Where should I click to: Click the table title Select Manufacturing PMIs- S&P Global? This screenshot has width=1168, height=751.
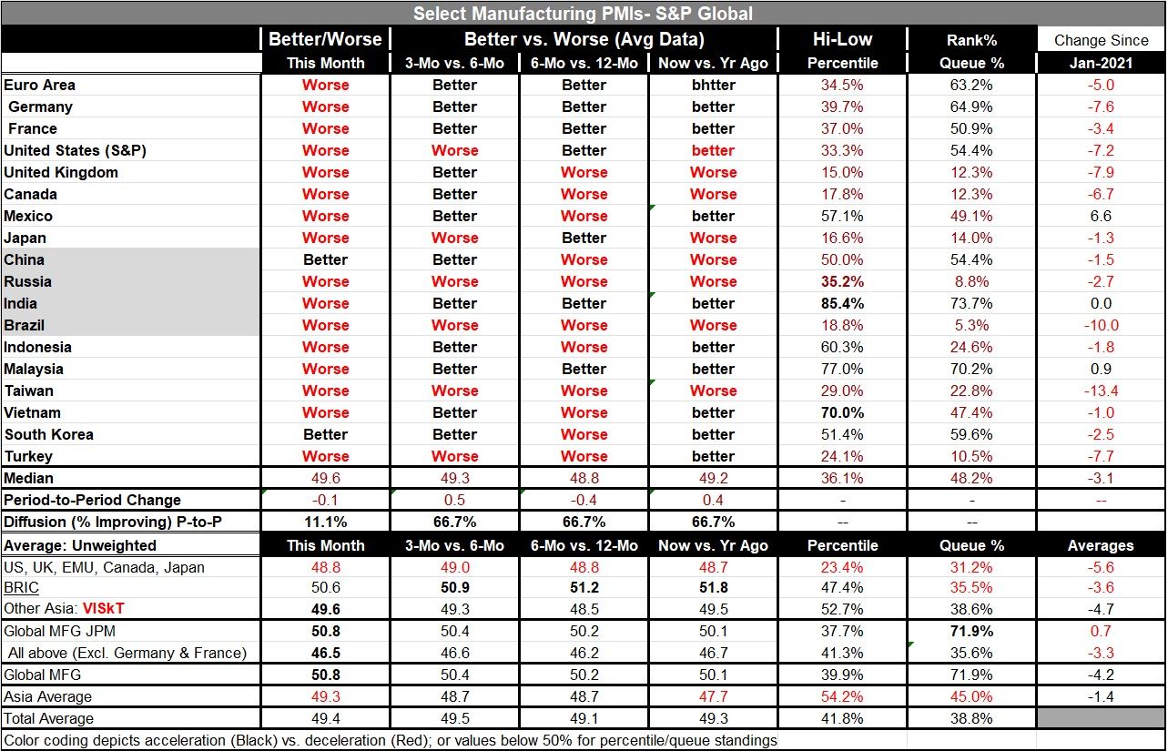coord(583,13)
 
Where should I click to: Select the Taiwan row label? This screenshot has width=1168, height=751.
coord(29,391)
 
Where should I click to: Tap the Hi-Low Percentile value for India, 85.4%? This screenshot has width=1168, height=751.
coord(842,303)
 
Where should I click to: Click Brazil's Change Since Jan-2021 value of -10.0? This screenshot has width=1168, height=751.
coord(1101,325)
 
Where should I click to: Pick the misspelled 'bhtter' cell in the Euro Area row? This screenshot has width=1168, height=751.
coord(713,85)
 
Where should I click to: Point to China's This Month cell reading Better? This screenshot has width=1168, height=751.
coord(325,259)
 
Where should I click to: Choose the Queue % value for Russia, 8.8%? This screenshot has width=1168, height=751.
coord(971,281)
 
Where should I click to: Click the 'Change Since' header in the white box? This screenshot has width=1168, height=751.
coord(1101,40)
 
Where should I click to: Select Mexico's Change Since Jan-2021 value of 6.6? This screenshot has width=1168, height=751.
coord(1101,216)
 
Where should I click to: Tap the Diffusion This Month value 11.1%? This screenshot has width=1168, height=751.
coord(325,522)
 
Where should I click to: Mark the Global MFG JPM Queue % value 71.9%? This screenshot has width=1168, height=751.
coord(971,631)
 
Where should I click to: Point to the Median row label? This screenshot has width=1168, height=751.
coord(29,478)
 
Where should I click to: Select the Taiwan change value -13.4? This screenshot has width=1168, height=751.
coord(1101,391)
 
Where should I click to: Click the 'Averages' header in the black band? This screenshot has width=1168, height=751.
coord(1101,545)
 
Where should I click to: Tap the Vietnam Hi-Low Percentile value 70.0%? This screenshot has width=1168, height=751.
coord(842,412)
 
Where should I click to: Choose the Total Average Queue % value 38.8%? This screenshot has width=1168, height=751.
coord(971,718)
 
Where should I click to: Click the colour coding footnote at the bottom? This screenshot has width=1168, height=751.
coord(390,740)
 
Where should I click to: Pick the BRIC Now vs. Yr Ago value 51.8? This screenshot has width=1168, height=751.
coord(713,588)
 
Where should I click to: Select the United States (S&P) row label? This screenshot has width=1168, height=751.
coord(75,150)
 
